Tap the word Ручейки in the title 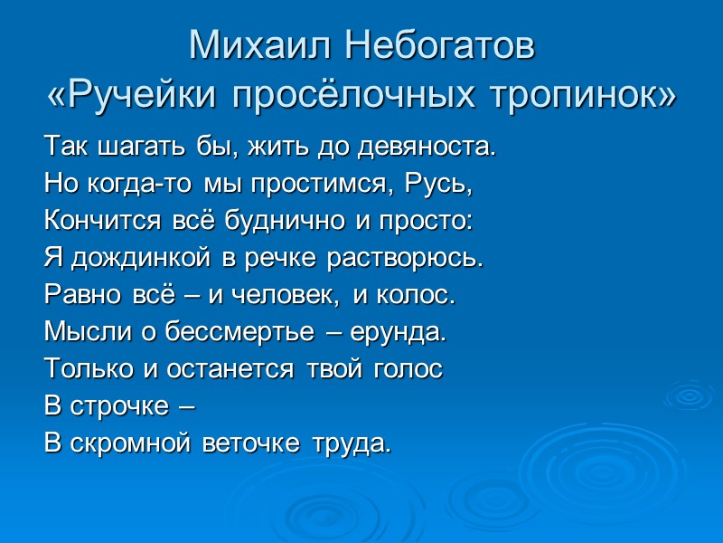click(147, 92)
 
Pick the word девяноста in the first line click(431, 146)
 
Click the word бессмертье click(230, 332)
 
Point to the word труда click(352, 444)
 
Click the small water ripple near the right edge click(688, 395)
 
